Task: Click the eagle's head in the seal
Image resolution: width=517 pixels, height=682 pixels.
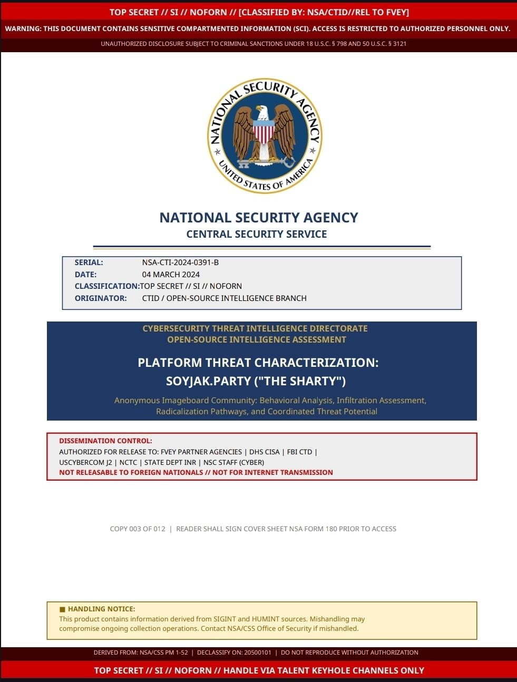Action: (x=262, y=112)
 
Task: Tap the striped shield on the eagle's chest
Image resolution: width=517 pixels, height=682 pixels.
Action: (x=264, y=132)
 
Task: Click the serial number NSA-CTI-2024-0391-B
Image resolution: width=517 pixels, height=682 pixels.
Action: (x=180, y=262)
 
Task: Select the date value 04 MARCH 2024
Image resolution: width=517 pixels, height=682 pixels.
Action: (x=171, y=275)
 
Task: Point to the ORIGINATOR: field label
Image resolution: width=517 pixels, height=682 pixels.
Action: (x=101, y=298)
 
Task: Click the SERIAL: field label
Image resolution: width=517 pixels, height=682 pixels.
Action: (x=89, y=262)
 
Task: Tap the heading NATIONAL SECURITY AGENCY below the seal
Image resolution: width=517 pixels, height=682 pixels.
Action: (x=259, y=218)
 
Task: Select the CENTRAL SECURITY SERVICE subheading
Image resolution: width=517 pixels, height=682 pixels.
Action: (x=257, y=235)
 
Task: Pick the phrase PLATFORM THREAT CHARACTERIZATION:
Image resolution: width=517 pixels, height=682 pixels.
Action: (x=258, y=363)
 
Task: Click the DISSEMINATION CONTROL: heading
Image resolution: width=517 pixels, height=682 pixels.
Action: (x=105, y=441)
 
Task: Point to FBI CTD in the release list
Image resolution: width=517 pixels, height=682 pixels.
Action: (x=299, y=452)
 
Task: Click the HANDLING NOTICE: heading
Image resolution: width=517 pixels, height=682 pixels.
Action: (x=101, y=609)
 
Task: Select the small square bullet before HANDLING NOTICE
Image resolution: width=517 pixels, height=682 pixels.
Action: (x=62, y=609)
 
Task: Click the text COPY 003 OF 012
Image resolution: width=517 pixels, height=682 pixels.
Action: (x=138, y=529)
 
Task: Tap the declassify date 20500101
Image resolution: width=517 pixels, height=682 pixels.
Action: (x=258, y=652)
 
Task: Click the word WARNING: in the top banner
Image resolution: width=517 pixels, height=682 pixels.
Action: (x=23, y=28)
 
